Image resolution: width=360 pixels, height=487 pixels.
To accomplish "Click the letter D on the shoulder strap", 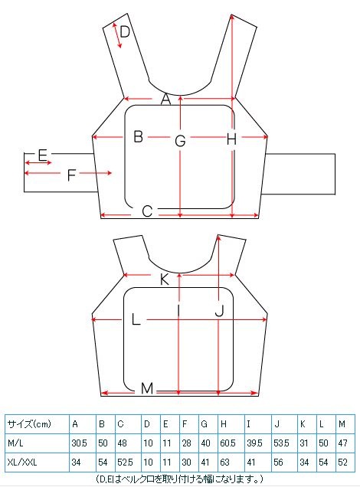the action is coord(125,31).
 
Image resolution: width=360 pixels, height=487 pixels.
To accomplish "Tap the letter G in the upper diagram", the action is coord(180,141).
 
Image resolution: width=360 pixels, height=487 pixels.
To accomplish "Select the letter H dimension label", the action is coord(232,139).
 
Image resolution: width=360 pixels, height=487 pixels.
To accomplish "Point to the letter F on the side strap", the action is coord(72,175).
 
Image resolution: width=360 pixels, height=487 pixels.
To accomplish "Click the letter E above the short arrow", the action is coord(42,155).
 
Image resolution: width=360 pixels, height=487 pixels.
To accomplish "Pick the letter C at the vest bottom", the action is coord(147,211).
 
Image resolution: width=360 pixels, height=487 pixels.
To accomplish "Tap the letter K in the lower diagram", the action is coord(165,279).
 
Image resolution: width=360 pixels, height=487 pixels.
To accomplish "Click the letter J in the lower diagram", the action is coord(219,310).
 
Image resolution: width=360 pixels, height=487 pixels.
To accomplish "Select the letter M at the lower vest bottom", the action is coord(147,388).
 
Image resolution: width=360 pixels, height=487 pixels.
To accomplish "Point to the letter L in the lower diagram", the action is coord(136,319).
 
